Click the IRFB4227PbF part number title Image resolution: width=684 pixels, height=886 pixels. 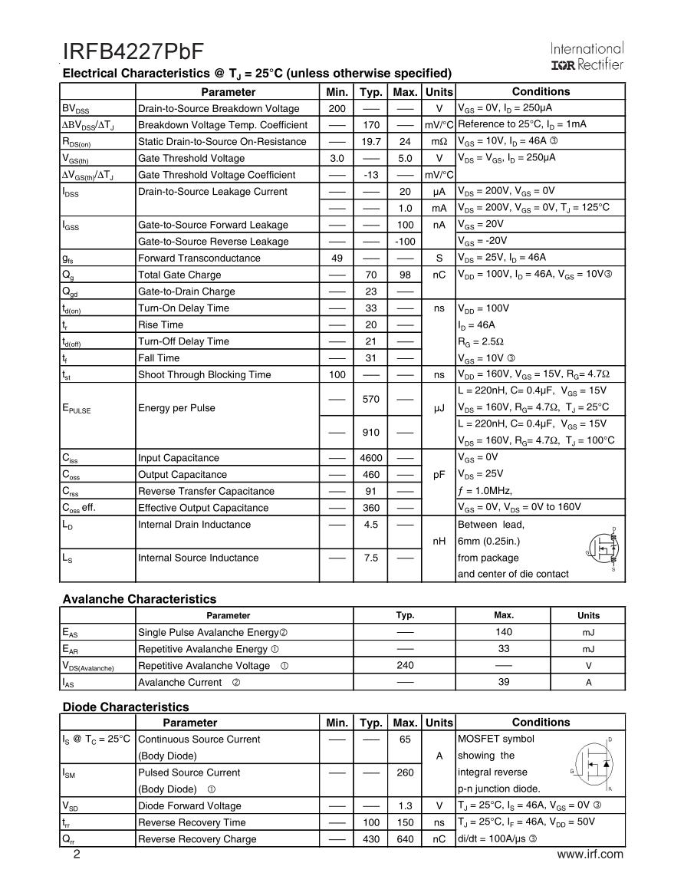[x=133, y=51]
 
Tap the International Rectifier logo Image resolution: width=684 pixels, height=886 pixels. [x=587, y=56]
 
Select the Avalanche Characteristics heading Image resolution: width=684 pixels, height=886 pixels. [x=139, y=599]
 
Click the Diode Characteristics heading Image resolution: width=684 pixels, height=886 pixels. [x=125, y=706]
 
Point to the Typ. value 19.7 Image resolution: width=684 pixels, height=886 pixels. [x=371, y=141]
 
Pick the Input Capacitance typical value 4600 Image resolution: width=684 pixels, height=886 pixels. [x=371, y=458]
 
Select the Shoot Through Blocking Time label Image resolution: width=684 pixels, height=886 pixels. [x=204, y=374]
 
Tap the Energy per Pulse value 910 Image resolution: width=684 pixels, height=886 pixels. [x=371, y=433]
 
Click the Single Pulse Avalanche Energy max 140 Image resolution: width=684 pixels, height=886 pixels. [x=504, y=631]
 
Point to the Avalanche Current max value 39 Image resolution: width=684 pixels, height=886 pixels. [x=504, y=681]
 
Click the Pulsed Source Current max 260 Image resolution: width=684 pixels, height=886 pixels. [x=406, y=772]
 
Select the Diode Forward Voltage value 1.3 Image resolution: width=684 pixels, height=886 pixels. [x=406, y=805]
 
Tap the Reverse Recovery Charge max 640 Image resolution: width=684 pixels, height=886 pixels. [x=406, y=839]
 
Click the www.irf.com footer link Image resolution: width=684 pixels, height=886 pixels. [x=590, y=855]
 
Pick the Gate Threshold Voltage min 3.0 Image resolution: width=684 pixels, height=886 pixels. [x=337, y=158]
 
